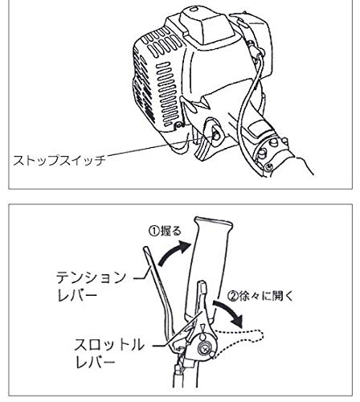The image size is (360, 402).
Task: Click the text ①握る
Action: coord(165,231)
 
